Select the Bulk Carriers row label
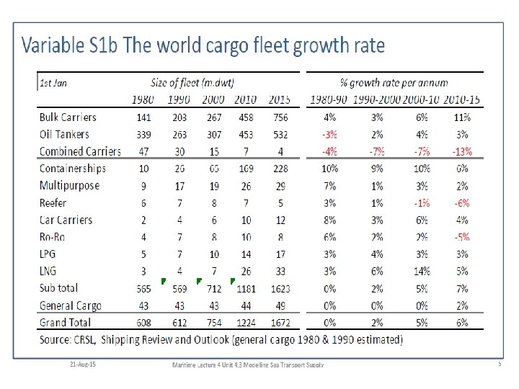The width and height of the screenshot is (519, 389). tap(68, 117)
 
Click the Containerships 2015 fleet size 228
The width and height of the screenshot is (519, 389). tap(280, 169)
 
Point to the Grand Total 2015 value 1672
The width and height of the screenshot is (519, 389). tap(280, 323)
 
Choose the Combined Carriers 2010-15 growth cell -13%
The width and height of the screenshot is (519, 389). tap(463, 151)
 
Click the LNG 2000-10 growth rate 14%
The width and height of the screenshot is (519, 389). tap(422, 272)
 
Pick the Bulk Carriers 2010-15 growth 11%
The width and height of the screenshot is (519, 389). tap(463, 117)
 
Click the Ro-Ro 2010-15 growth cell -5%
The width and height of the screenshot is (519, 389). tap(463, 237)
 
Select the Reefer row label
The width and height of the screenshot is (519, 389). tap(53, 203)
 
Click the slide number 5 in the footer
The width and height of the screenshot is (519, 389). tap(499, 365)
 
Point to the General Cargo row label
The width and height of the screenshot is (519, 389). tap(71, 306)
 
